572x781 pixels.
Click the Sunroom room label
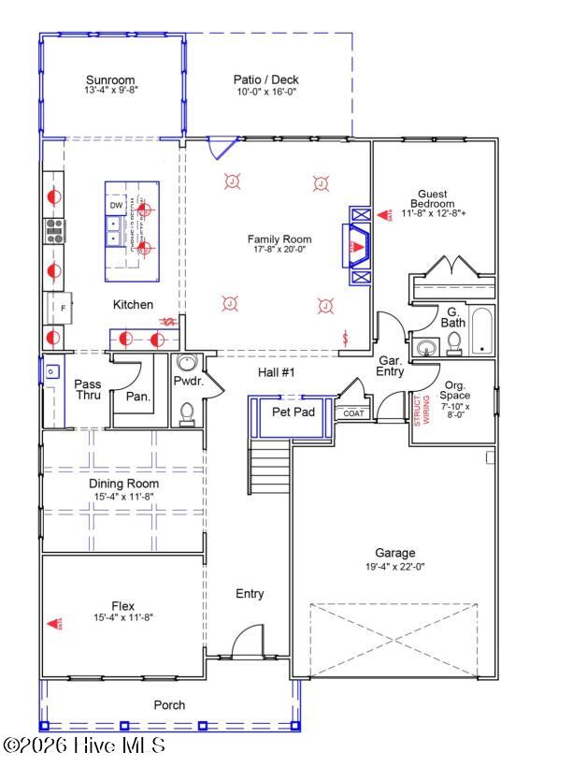point(110,80)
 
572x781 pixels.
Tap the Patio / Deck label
point(266,80)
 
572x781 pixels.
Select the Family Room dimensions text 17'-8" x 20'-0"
point(279,250)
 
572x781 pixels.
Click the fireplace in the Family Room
point(359,245)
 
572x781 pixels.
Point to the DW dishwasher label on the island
point(117,205)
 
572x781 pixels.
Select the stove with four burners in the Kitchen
point(53,229)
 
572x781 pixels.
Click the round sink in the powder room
point(186,365)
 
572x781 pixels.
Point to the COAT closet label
point(352,412)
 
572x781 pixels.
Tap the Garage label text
point(393,553)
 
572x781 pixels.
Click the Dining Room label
point(124,484)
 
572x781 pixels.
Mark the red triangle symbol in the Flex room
point(54,622)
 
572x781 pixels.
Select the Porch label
point(169,705)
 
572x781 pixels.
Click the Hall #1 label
point(277,372)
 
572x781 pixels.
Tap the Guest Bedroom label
point(436,198)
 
